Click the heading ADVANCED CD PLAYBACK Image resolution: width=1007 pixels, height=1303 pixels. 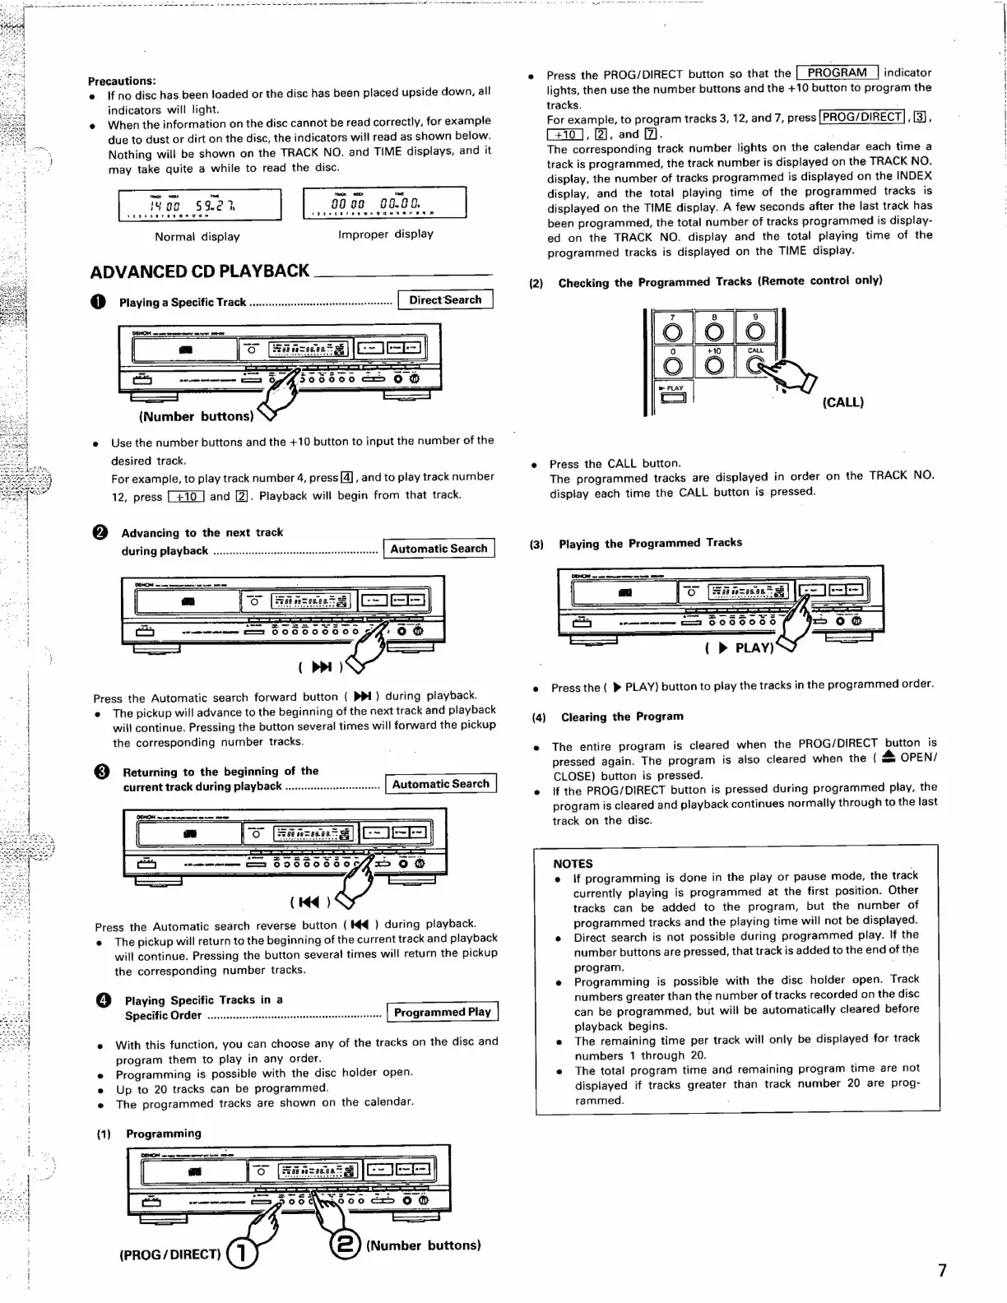coord(199,271)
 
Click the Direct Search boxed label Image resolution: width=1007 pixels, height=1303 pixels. coord(445,300)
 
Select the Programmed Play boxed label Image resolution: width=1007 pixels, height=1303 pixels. coord(443,1013)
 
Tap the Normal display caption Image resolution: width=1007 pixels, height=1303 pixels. coord(197,237)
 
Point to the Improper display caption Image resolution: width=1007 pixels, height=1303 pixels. coord(385,234)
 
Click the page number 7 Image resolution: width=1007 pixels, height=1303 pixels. coord(942,1271)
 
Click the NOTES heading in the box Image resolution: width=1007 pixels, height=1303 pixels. coord(573,864)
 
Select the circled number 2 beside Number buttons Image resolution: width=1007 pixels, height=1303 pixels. coord(345,1245)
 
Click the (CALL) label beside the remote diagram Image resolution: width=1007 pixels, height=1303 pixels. coord(843,403)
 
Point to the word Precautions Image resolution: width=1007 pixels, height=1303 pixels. coord(122,81)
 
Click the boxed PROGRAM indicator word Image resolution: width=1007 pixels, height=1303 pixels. coord(837,73)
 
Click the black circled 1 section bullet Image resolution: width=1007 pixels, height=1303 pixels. coord(99,302)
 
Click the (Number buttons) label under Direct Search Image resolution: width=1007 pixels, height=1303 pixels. coord(197,417)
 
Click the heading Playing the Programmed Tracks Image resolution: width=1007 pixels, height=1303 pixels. coord(650,543)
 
